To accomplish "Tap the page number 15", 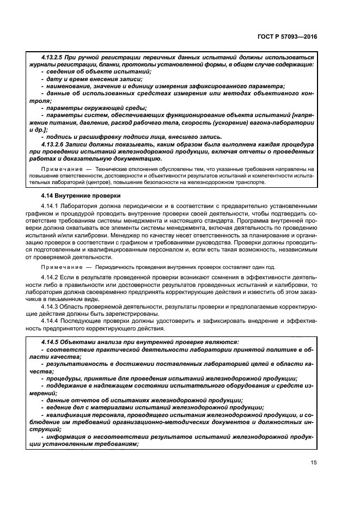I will [x=314, y=463].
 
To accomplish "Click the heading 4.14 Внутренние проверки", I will [x=74, y=195].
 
